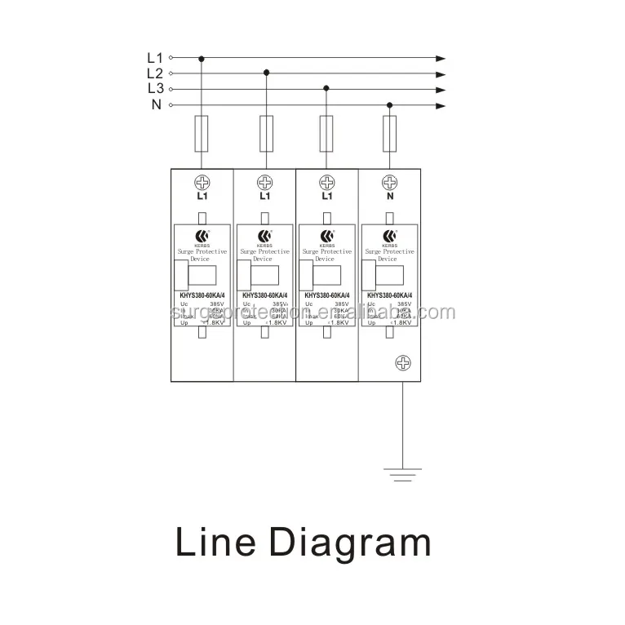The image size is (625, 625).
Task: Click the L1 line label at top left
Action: point(155,58)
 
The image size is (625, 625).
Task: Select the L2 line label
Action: point(155,73)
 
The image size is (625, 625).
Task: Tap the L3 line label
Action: point(155,89)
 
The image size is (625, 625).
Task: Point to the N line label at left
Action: point(155,104)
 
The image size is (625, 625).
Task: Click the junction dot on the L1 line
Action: point(202,59)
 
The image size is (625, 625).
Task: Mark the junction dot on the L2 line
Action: point(266,73)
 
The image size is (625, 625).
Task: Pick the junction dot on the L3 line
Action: point(326,88)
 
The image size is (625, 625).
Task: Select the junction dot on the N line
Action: point(389,105)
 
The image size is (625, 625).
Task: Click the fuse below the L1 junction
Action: point(202,133)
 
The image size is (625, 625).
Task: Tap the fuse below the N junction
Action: point(390,133)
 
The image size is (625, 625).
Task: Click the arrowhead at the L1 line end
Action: point(441,59)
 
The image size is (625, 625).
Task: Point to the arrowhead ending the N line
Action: point(441,105)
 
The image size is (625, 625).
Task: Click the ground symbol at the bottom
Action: point(402,474)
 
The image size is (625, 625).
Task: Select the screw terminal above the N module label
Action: point(390,182)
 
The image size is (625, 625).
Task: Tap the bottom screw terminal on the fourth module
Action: point(402,363)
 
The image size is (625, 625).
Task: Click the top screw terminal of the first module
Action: point(202,182)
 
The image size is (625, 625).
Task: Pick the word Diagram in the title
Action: point(351,543)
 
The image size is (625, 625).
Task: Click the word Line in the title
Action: point(216,543)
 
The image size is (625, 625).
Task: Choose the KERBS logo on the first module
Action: point(202,237)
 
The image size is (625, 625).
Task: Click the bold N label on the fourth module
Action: point(390,197)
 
